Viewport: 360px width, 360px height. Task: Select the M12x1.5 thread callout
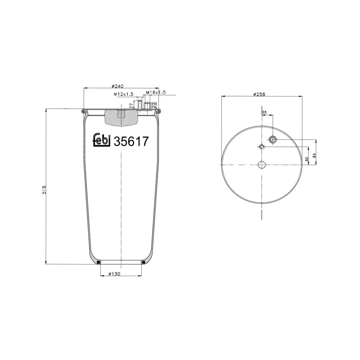123,94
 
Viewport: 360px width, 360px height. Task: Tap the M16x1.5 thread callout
156,92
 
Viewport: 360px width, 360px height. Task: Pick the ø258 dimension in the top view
260,94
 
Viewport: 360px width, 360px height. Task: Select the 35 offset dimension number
264,112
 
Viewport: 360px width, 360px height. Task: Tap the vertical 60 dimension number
307,158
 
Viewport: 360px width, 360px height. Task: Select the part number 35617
131,141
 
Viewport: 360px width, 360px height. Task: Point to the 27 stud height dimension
131,105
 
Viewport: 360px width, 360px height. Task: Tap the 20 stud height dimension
154,104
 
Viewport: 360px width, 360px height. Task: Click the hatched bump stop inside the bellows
120,118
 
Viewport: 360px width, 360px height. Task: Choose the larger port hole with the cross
273,140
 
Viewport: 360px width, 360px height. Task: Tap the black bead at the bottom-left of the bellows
99,262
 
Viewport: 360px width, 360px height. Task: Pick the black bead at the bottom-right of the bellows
144,262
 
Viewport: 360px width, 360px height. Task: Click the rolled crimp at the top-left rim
84,111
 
